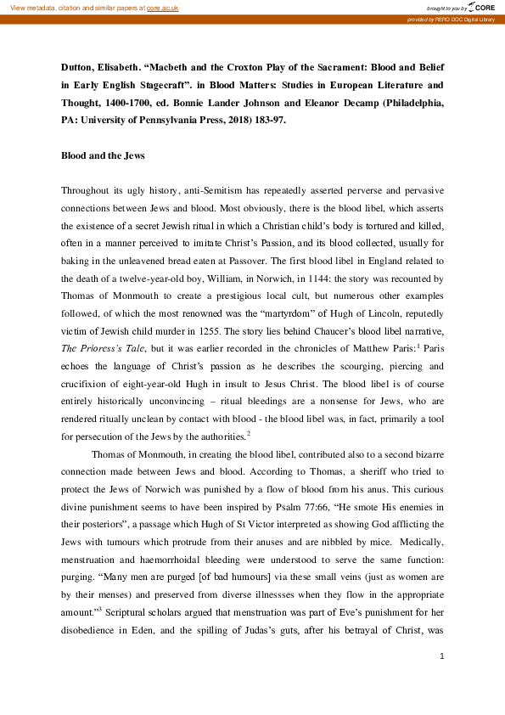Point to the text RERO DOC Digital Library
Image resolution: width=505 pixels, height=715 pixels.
click(466, 19)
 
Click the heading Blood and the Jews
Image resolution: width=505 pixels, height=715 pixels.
click(103, 156)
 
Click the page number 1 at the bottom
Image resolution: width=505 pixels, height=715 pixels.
click(442, 680)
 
